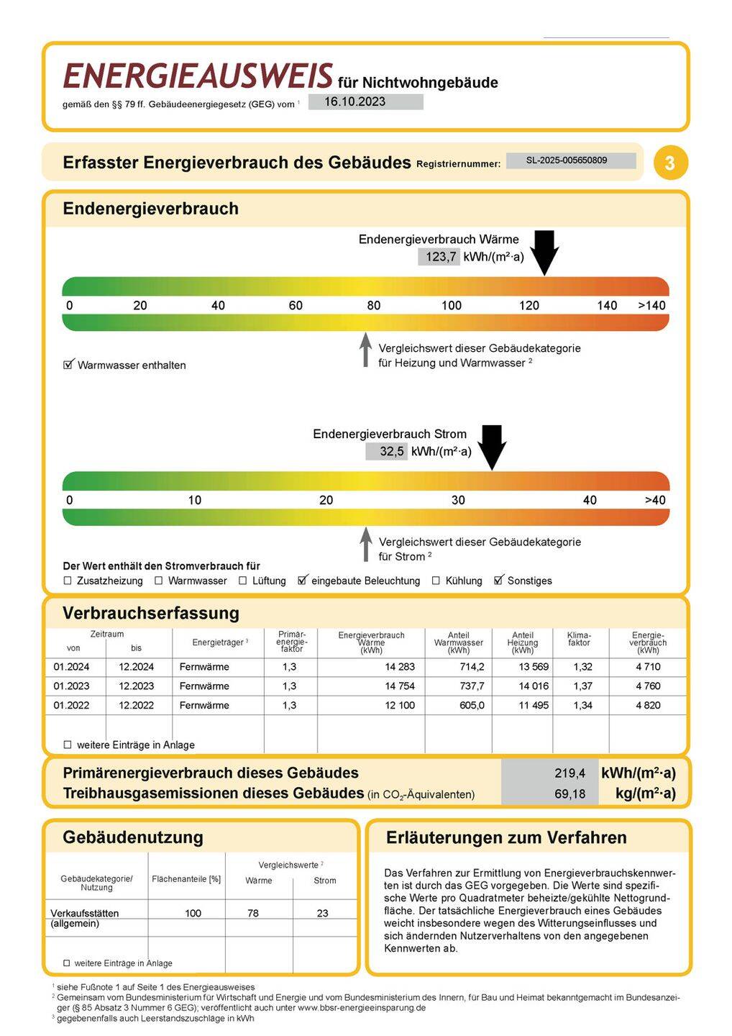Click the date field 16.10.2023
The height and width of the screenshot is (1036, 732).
coord(365,102)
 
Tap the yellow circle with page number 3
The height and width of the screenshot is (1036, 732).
coord(670,163)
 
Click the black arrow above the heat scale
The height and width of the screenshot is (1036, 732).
coord(544,252)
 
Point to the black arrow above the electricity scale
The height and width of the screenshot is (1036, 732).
coord(492,447)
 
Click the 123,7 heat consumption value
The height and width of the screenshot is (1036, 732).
coord(440,257)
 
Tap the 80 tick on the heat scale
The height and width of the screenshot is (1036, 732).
coord(374,306)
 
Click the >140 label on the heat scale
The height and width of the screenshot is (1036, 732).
coord(651,306)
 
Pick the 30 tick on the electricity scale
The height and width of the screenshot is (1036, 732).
coord(458,501)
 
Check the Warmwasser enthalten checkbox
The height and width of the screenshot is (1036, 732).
coord(69,365)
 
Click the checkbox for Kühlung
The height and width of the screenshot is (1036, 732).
coord(436,581)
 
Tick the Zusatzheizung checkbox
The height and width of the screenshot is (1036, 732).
coord(68,581)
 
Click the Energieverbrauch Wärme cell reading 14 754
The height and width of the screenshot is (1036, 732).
coord(399,686)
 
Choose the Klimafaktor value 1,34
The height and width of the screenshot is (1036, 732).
coord(582,706)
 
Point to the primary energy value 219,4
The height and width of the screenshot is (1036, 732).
coord(569,773)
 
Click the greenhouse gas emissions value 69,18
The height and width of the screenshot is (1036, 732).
coord(569,794)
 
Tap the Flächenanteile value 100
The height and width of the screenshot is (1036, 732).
coord(193,914)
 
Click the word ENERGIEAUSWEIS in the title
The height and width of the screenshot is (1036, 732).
coord(198,76)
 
